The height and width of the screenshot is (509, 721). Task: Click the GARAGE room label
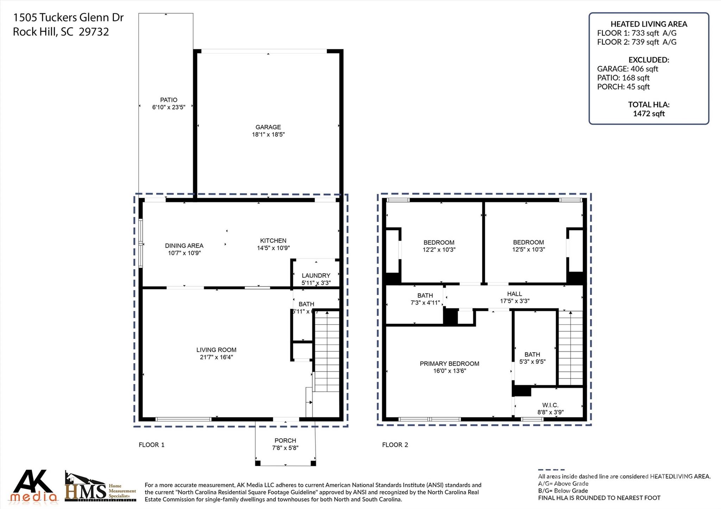268,127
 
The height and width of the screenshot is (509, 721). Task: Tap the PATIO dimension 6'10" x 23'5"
169,107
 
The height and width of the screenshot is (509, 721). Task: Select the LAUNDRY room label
316,275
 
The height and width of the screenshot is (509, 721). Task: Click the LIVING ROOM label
216,350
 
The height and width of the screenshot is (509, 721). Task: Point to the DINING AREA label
184,246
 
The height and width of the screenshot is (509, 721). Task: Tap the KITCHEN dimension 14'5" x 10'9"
273,248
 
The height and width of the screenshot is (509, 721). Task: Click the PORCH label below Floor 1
285,440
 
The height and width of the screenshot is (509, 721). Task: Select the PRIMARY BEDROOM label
449,363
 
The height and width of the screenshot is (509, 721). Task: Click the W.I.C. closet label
550,405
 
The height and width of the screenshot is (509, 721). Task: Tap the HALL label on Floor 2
514,294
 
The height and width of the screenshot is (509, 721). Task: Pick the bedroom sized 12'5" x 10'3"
528,246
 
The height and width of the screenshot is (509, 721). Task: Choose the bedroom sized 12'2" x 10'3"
439,246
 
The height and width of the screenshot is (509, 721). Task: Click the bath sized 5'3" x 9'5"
532,358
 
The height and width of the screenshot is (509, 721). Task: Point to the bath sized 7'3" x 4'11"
425,299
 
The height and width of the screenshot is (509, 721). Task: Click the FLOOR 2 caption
395,445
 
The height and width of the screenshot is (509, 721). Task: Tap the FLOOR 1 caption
151,445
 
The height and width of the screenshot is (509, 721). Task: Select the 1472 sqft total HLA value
648,114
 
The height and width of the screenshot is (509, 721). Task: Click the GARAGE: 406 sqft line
627,69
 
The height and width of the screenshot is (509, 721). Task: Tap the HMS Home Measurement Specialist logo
100,487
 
